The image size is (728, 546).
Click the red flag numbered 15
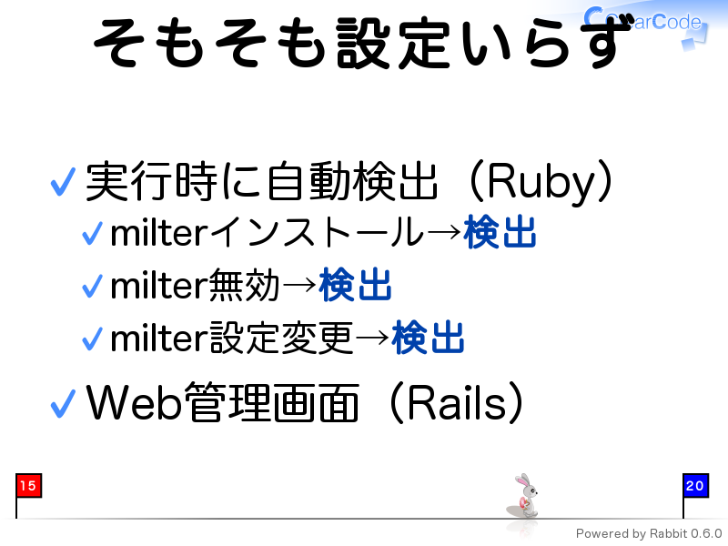(x=28, y=486)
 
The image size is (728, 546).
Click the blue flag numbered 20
(x=695, y=486)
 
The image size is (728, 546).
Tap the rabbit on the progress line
(x=524, y=496)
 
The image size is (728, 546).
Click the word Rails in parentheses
(x=457, y=403)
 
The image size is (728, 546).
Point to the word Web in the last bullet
(x=134, y=402)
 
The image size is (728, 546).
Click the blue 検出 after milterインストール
(x=500, y=232)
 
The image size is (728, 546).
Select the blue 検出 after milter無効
(x=355, y=285)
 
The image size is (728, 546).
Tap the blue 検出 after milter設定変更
(x=428, y=338)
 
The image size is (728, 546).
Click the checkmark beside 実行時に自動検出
(x=63, y=182)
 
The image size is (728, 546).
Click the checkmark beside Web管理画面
(x=63, y=403)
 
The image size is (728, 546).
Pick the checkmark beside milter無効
(x=92, y=286)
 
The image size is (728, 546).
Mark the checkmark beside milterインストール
(x=92, y=233)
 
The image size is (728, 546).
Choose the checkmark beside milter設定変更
(x=92, y=339)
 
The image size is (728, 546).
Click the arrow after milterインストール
(x=444, y=232)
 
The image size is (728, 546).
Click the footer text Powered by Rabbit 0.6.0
(x=649, y=534)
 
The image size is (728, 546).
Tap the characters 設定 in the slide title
(x=392, y=43)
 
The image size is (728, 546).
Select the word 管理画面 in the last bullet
(x=271, y=402)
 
